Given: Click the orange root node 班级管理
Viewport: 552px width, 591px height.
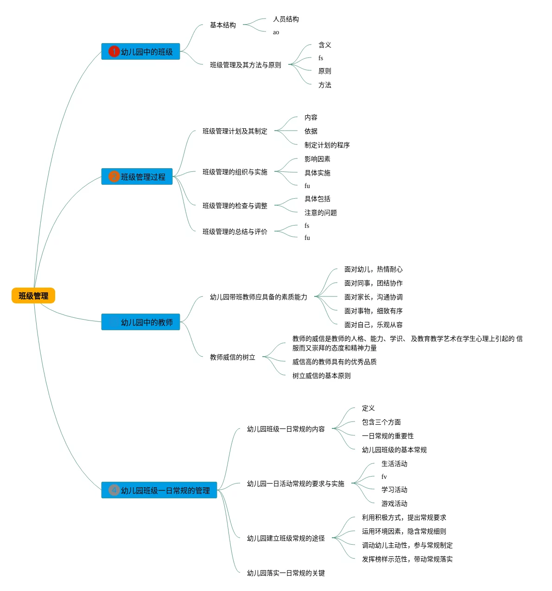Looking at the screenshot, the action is pyautogui.click(x=33, y=295).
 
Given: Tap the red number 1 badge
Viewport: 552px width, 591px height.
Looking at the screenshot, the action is pyautogui.click(x=114, y=51).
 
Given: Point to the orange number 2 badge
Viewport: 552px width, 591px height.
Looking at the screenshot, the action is pyautogui.click(x=114, y=176).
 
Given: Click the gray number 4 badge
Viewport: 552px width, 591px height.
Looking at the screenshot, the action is pyautogui.click(x=114, y=490).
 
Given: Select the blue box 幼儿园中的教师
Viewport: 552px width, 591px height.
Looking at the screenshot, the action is pyautogui.click(x=140, y=322).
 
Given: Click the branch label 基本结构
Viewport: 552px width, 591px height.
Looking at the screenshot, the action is pyautogui.click(x=223, y=25).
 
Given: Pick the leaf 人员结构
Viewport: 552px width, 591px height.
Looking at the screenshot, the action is pyautogui.click(x=286, y=19).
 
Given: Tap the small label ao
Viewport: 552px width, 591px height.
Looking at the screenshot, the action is pyautogui.click(x=276, y=32).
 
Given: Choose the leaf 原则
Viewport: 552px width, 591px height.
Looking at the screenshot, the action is pyautogui.click(x=324, y=71).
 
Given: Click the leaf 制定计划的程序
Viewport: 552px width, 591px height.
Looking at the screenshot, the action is pyautogui.click(x=327, y=145).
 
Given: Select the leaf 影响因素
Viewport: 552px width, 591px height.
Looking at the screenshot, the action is pyautogui.click(x=317, y=159).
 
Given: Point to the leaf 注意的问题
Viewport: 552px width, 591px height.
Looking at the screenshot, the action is pyautogui.click(x=320, y=213).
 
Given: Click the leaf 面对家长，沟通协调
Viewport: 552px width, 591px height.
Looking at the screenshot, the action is pyautogui.click(x=373, y=297).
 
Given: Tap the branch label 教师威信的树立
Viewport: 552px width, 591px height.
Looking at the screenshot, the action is pyautogui.click(x=232, y=357).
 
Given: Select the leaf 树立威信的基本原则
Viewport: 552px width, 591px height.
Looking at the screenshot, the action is pyautogui.click(x=321, y=376).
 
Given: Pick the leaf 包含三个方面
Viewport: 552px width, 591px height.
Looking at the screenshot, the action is pyautogui.click(x=381, y=421).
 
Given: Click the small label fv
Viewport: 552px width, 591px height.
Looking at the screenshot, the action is pyautogui.click(x=384, y=477).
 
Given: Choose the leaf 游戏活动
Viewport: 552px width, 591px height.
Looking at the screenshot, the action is pyautogui.click(x=394, y=503).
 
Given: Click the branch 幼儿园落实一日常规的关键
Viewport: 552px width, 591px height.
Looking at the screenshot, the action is pyautogui.click(x=286, y=572).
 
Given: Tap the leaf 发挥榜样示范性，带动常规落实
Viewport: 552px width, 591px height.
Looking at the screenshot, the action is pyautogui.click(x=407, y=559).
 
